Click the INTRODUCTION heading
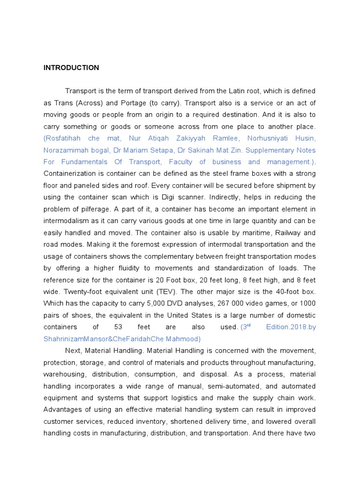coord(71,67)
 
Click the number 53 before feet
coord(118,327)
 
